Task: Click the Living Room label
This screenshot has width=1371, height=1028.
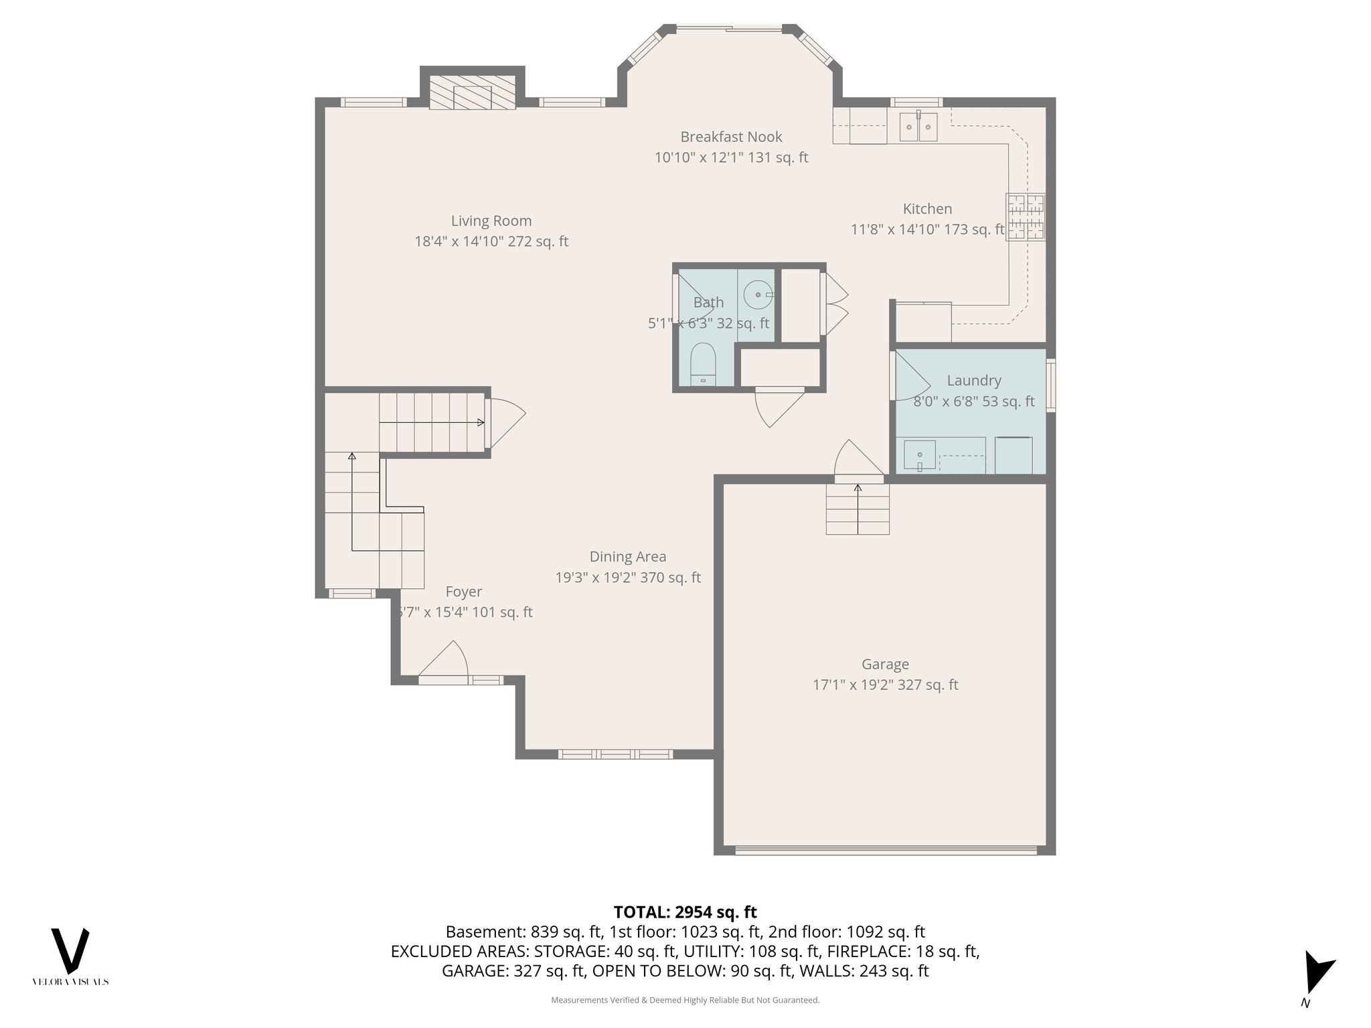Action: pos(491,221)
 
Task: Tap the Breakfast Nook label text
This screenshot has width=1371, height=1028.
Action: pos(731,137)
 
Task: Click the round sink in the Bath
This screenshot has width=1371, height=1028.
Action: pos(757,294)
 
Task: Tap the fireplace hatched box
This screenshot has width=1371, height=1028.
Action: pos(472,92)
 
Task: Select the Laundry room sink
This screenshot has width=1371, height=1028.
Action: pos(919,454)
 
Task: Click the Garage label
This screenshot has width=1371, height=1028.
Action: pos(885,664)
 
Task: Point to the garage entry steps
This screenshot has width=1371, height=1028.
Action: pos(858,509)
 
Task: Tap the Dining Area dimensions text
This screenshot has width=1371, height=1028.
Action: pos(627,578)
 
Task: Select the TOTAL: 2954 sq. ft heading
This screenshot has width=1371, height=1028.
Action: pos(685,912)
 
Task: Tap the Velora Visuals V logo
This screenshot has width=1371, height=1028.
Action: pos(70,951)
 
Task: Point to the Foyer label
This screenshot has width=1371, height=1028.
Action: pos(463,592)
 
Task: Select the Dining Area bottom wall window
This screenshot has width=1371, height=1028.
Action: pos(615,754)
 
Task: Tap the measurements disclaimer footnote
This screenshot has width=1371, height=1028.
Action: pos(685,1000)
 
